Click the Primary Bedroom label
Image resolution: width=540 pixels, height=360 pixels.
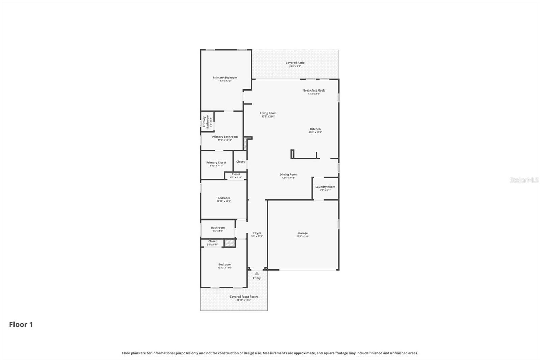[x=225, y=78]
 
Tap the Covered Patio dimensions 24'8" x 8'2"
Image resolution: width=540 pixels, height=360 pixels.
[x=295, y=66]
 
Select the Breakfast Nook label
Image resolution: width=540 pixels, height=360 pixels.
[x=314, y=91]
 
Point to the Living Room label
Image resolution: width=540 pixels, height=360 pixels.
[x=268, y=113]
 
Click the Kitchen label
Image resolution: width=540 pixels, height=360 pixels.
[x=315, y=129]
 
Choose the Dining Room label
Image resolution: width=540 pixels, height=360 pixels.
[x=289, y=175]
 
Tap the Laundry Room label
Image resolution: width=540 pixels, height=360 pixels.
[x=325, y=187]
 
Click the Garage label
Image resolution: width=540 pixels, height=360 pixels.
[x=303, y=233]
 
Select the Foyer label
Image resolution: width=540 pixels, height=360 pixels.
[x=257, y=233]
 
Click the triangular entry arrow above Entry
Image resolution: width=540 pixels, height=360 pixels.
[x=257, y=273]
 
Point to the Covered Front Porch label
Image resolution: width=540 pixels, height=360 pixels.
[x=243, y=297]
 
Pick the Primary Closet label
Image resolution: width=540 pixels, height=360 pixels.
[x=216, y=162]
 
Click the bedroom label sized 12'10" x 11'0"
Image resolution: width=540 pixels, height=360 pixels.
[x=224, y=198]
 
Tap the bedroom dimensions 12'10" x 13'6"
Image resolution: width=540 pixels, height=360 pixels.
[x=224, y=268]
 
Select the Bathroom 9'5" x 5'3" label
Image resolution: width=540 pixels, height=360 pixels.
[x=218, y=228]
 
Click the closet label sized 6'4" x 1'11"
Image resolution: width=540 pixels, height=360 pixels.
[x=212, y=241]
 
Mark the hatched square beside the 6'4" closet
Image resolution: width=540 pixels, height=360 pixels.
[x=230, y=243]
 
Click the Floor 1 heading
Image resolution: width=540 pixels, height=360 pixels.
[x=21, y=324]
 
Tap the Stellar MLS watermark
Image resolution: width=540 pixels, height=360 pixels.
[x=524, y=180]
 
